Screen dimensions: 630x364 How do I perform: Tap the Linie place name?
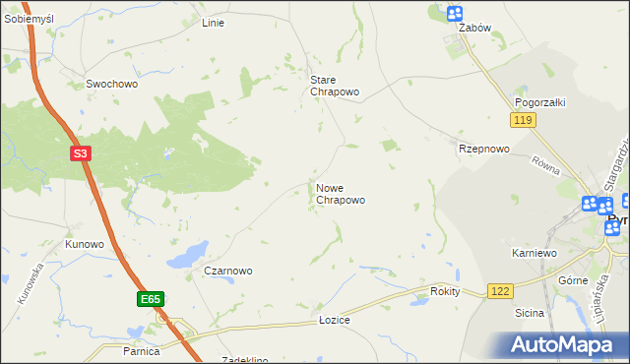[x=213, y=23]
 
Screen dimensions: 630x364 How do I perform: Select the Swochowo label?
[x=111, y=85]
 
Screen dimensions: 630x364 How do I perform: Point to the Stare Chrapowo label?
[x=335, y=86]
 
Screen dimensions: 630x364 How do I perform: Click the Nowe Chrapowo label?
[x=341, y=194]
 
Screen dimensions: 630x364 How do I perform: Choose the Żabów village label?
[x=474, y=29]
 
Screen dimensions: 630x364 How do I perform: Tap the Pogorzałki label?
[x=538, y=102]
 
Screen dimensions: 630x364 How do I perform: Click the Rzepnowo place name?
[x=483, y=150]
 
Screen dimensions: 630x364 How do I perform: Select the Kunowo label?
[x=85, y=244]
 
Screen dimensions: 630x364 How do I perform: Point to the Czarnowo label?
[x=228, y=271]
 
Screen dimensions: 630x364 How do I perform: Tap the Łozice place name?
[x=335, y=321]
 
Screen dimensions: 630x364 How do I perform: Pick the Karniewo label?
[x=535, y=254]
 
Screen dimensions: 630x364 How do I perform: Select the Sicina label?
[x=529, y=313]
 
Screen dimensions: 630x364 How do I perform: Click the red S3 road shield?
[x=82, y=153]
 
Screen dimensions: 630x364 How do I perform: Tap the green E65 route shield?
[x=150, y=298]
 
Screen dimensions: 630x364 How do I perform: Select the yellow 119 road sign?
[x=523, y=120]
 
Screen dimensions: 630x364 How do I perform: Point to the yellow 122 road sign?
[x=500, y=291]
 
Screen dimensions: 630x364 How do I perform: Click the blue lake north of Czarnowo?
[x=187, y=257]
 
